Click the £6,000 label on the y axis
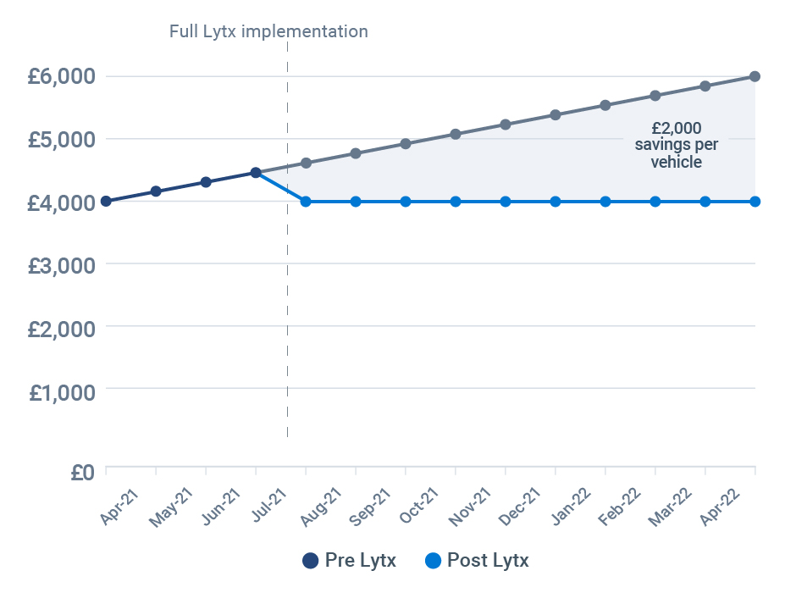coord(60,76)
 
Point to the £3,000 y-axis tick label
coord(60,264)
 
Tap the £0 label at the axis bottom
coord(83,472)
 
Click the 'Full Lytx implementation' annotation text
coord(268,31)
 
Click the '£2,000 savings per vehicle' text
coord(676,145)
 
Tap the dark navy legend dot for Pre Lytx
coord(310,560)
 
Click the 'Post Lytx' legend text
coord(488,560)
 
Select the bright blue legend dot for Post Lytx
coord(434,560)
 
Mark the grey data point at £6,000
coord(755,76)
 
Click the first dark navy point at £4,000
coord(106,201)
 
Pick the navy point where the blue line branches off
coord(256,173)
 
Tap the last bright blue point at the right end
coord(755,202)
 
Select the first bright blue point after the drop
coord(306,202)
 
